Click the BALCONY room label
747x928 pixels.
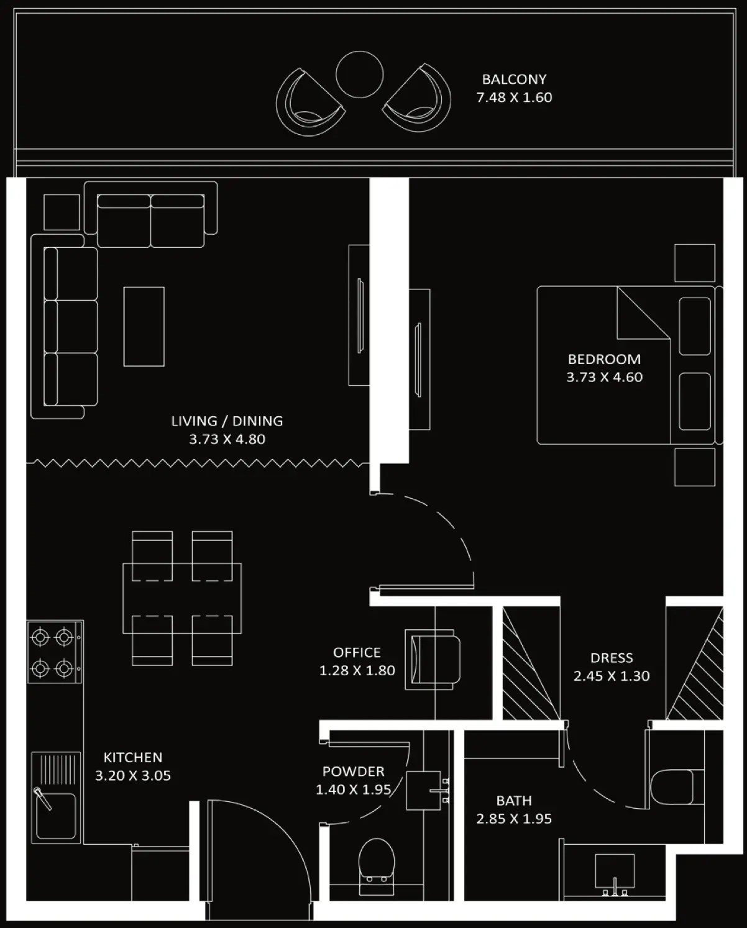pos(514,80)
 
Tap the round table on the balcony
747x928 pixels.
pos(359,75)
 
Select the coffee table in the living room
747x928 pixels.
pos(144,327)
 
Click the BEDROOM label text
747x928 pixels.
pos(604,359)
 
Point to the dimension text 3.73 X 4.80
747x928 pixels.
pos(227,439)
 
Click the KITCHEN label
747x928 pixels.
pos(132,757)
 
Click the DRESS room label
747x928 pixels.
pos(612,658)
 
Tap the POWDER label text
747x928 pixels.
pos(353,771)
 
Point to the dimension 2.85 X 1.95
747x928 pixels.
pos(514,819)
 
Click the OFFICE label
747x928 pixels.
pos(357,652)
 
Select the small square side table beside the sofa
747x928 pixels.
pos(62,212)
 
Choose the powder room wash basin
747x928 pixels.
pos(424,790)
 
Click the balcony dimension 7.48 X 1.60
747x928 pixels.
pos(514,98)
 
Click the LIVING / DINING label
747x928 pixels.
pos(227,421)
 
